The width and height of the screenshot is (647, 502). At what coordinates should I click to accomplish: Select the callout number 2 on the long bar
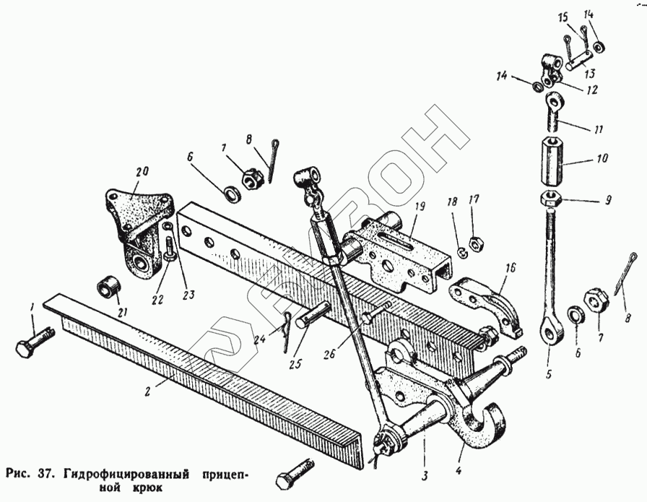pos(147,392)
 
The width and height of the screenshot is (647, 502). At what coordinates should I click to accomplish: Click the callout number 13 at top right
pos(590,73)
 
